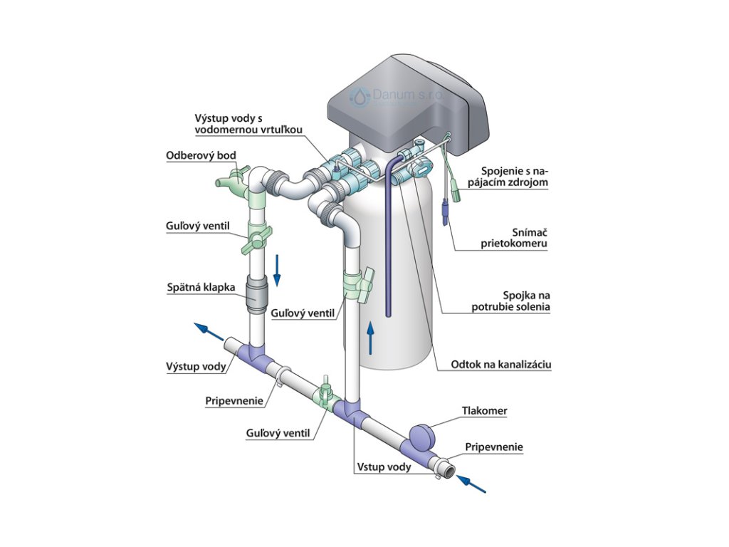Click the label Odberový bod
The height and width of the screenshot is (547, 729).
tap(201, 155)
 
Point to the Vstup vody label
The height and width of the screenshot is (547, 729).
tap(383, 467)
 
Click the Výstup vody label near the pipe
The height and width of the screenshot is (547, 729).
tap(196, 367)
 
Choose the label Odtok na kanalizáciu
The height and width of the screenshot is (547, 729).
tap(501, 365)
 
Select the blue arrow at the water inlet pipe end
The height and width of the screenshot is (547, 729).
tap(472, 484)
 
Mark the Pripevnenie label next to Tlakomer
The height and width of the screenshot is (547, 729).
tap(494, 447)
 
